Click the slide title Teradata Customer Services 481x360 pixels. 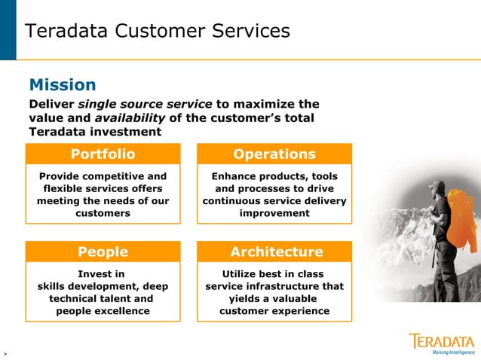click(x=157, y=31)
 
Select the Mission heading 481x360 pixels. click(x=62, y=84)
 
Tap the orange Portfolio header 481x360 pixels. click(x=103, y=154)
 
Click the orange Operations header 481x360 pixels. click(x=274, y=154)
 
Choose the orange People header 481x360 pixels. click(x=103, y=252)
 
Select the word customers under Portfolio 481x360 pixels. click(x=103, y=213)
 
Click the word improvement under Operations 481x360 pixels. click(x=274, y=213)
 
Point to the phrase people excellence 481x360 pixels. click(x=103, y=311)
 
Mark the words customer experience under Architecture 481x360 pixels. click(x=274, y=311)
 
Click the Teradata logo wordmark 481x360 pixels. click(x=442, y=340)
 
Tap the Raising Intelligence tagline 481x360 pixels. click(x=453, y=352)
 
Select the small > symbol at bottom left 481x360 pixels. click(x=5, y=352)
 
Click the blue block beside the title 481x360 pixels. click(x=8, y=30)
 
